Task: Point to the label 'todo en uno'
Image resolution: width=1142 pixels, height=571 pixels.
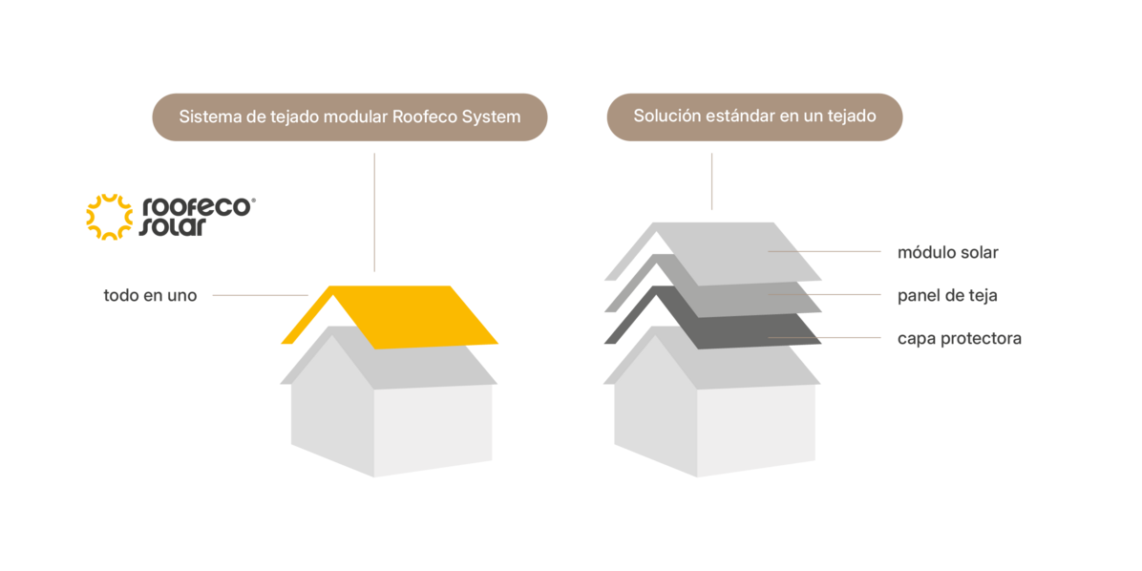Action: [151, 296]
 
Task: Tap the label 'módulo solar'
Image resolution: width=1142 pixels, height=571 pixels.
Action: [948, 252]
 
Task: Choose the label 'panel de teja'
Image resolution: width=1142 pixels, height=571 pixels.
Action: [947, 296]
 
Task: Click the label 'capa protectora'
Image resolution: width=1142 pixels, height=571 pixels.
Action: [960, 339]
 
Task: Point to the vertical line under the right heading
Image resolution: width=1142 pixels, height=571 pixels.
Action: [711, 180]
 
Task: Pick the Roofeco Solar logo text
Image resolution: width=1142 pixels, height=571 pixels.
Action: [198, 217]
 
